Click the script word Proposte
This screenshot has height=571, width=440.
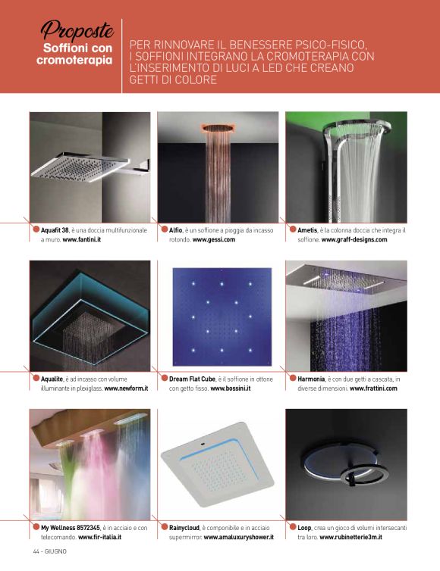[77, 30]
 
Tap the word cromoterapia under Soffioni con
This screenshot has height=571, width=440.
[74, 60]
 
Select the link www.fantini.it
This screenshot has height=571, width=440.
[82, 239]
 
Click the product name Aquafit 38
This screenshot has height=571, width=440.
[55, 230]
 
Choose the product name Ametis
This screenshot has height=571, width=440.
[307, 230]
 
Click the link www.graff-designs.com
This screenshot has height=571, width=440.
[354, 239]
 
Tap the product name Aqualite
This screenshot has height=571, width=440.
[52, 379]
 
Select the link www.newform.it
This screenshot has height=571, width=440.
[126, 388]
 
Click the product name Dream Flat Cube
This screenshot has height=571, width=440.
[193, 379]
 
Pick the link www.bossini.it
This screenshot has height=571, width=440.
[231, 388]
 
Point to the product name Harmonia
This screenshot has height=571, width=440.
[311, 379]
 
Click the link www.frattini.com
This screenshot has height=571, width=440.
[373, 388]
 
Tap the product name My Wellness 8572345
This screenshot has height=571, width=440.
[71, 527]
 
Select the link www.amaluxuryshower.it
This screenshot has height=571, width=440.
[239, 537]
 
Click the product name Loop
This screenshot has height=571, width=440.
[304, 527]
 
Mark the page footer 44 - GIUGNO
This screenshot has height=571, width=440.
[50, 551]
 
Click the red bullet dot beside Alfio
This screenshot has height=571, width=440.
[164, 229]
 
